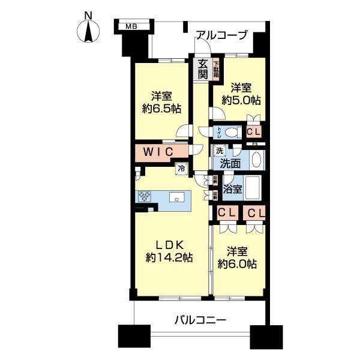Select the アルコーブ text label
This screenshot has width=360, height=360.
click(221, 35)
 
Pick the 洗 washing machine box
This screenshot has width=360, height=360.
click(220, 152)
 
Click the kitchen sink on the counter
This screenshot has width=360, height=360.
click(177, 197)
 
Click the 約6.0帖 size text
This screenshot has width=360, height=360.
click(238, 264)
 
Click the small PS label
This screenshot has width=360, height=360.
click(254, 144)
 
